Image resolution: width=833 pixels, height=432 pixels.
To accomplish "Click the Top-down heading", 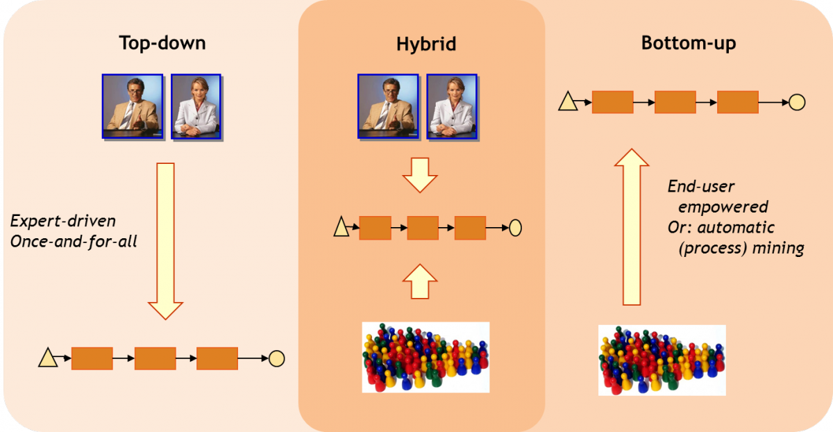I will point(162,44).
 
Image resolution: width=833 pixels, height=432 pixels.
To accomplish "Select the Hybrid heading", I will point(426,45).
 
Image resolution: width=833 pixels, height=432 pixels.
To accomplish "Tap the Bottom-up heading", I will point(689,44).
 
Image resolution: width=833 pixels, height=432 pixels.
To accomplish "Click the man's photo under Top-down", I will point(133,107).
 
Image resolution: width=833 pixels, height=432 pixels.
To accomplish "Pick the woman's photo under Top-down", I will point(196,107).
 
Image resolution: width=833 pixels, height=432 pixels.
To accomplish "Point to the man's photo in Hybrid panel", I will point(388,107).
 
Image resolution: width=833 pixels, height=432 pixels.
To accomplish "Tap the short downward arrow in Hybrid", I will point(419,174).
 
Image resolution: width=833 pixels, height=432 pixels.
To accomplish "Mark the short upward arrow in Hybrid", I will point(419,281).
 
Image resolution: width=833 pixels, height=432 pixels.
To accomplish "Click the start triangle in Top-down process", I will point(48,358).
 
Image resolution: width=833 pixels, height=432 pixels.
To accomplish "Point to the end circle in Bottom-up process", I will point(797,103).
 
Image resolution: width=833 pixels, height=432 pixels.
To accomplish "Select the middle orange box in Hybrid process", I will point(423,227).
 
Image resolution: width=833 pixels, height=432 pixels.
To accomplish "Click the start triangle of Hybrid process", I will point(342,226).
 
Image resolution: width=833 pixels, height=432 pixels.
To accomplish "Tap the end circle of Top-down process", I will point(276,358).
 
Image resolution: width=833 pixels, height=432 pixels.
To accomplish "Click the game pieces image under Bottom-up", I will point(662,360).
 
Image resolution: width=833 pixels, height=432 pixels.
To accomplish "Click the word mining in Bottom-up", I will point(781,248).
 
